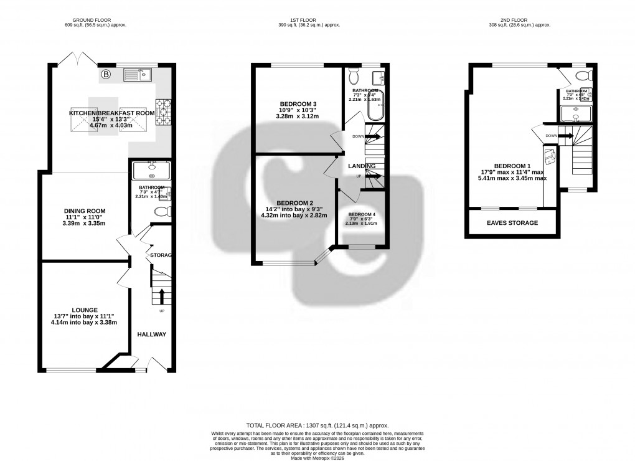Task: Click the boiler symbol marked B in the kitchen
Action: [x=106, y=75]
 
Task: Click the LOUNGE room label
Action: [x=85, y=309]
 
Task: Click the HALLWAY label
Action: [x=152, y=335]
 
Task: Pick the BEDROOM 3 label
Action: [x=298, y=103]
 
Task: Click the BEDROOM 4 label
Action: [x=361, y=214]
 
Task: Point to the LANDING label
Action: [x=361, y=165]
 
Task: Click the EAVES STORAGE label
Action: [x=512, y=223]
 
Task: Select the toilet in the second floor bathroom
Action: [x=583, y=76]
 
